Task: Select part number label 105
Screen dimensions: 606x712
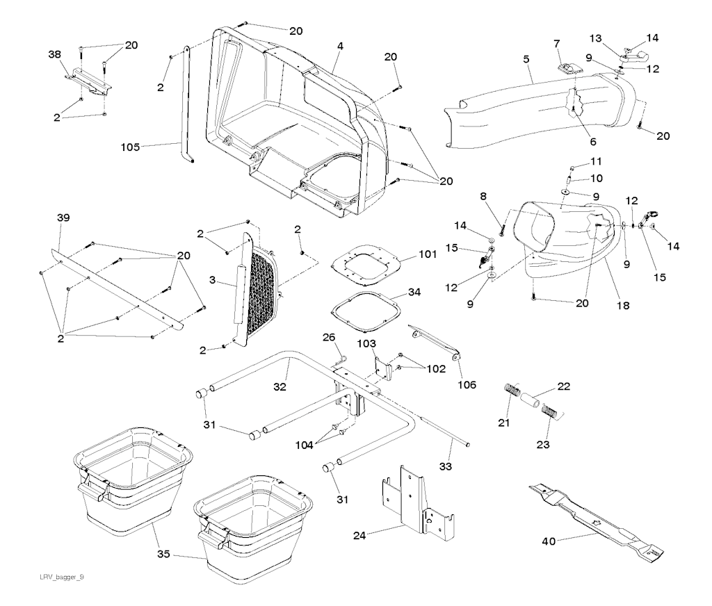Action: pos(131,147)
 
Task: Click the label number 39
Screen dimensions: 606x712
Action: pos(63,218)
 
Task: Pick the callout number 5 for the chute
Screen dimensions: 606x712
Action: pos(527,60)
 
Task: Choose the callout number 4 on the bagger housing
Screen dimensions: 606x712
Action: pos(341,47)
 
